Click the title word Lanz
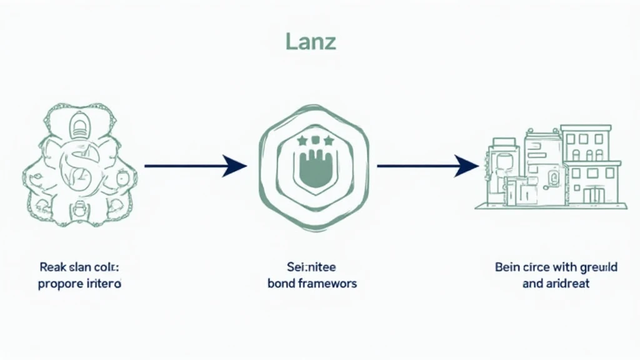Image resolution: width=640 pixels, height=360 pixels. tap(311, 42)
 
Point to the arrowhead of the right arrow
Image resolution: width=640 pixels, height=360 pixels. tap(467, 166)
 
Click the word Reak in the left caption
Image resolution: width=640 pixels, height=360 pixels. tap(52, 267)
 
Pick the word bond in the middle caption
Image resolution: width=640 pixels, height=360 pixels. tap(280, 283)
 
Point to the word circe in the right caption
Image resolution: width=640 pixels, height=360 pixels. tap(536, 267)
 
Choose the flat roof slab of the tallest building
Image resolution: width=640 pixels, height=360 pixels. tap(585, 127)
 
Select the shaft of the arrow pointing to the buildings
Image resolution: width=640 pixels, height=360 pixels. tap(416, 166)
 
